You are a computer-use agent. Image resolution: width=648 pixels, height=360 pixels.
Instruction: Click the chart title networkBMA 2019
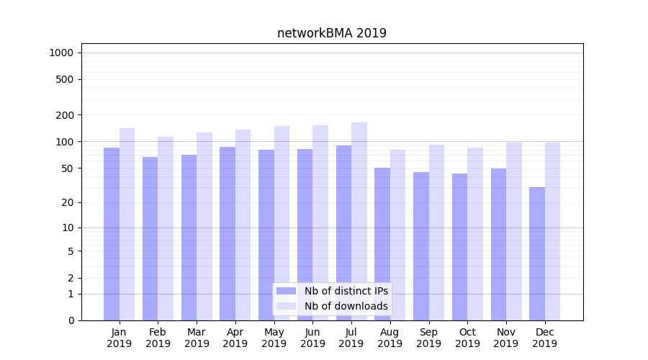click(332, 33)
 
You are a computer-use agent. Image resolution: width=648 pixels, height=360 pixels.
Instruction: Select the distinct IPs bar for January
click(112, 234)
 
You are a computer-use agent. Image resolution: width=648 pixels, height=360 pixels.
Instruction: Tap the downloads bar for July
click(359, 221)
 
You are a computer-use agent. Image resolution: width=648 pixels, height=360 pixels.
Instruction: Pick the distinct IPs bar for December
click(537, 253)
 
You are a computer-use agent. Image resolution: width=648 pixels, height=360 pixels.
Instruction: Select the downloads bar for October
click(475, 234)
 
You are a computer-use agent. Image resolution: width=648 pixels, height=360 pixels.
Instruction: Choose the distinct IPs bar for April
click(228, 233)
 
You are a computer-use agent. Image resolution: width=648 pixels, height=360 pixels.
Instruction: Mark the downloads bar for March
click(204, 226)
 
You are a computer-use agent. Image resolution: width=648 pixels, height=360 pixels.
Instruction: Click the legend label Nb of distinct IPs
click(346, 291)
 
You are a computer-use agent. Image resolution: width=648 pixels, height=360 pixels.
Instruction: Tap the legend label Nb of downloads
click(346, 306)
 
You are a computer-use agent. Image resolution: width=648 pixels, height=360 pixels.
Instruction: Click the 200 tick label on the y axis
click(65, 115)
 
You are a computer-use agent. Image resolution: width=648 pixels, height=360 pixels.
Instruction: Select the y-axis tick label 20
click(68, 202)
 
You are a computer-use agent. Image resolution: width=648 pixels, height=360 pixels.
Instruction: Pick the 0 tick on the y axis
click(71, 320)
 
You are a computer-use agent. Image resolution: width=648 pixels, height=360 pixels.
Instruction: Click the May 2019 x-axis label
click(274, 338)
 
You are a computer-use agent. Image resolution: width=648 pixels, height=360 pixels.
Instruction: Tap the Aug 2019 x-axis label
click(390, 338)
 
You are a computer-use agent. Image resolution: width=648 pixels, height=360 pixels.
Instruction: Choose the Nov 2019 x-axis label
click(506, 338)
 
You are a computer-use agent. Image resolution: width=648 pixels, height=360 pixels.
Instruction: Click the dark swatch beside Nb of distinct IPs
click(286, 291)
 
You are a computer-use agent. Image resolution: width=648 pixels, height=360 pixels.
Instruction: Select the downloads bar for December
click(553, 231)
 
